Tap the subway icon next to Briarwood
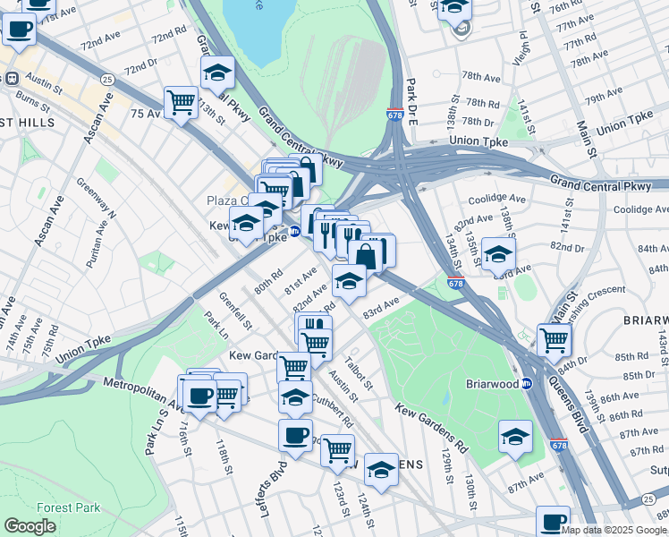527,383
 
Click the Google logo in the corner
30,526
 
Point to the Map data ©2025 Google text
614,530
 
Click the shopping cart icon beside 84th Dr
555,339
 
